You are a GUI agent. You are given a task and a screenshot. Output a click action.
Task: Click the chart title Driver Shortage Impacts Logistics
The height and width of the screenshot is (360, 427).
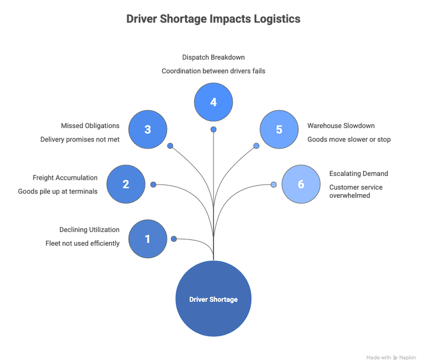(x=213, y=20)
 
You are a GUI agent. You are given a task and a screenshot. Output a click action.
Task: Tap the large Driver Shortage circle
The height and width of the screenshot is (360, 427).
(x=213, y=299)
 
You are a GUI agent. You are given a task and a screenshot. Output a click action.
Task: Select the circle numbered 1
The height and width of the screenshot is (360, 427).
(x=148, y=239)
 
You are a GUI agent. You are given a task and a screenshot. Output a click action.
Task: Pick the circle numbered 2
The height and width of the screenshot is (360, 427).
(x=126, y=185)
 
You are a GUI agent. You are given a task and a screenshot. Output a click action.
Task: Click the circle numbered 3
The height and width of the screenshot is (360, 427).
(x=148, y=130)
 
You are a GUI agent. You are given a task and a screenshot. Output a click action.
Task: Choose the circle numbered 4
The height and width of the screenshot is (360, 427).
(x=213, y=101)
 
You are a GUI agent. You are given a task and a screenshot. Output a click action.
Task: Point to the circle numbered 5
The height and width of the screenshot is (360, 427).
(x=279, y=130)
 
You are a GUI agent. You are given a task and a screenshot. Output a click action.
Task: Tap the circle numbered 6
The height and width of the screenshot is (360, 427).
(x=301, y=185)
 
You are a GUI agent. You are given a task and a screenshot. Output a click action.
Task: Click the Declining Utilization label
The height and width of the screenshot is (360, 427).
(x=89, y=229)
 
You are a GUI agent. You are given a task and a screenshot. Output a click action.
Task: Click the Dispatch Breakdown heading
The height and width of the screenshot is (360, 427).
(x=213, y=56)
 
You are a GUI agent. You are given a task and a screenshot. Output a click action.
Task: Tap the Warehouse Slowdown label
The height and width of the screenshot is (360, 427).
(x=342, y=126)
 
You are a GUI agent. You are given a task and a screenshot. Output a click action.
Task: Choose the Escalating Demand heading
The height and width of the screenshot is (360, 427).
(x=359, y=174)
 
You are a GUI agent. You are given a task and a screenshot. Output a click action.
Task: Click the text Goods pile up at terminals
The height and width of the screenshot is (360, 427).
(x=58, y=191)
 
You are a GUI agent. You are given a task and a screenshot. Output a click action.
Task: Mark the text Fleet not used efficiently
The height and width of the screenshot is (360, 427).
(x=82, y=243)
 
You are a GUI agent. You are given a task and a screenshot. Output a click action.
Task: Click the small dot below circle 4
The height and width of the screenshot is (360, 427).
(x=213, y=130)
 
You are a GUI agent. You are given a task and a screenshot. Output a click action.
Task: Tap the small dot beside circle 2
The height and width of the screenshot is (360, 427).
(x=153, y=185)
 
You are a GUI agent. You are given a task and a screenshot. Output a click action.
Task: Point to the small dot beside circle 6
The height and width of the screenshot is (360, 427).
(x=273, y=185)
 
